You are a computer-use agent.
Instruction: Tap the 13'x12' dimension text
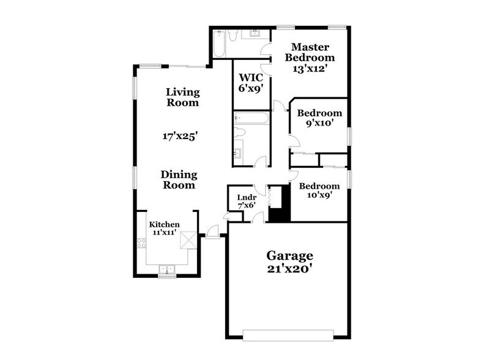point(310,69)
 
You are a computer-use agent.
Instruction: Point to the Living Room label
point(183,97)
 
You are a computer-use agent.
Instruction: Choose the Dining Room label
point(178,179)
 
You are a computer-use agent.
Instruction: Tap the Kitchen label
point(165,225)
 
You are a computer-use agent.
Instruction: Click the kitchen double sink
point(166,268)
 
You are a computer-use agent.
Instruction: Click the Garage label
point(289,255)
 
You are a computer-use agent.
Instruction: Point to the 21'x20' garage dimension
point(289,270)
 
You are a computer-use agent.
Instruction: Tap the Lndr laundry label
point(246,197)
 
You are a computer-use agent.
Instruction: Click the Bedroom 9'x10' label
point(319,118)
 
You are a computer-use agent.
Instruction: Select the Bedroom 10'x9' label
point(319,190)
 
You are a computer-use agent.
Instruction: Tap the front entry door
point(212,233)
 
